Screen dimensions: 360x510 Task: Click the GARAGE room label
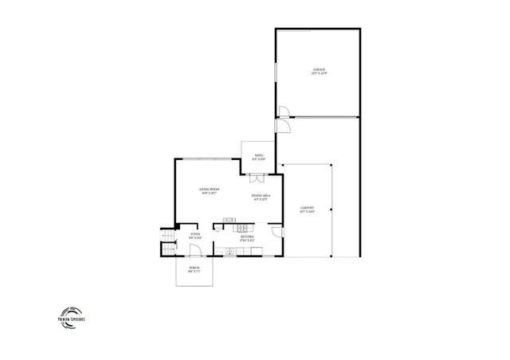[x=320, y=70]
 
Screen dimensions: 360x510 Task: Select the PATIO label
[x=259, y=155]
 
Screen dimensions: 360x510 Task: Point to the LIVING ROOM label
[x=210, y=188]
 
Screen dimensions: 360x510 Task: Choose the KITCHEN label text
[x=248, y=236]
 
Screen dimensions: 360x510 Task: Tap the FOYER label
[x=195, y=234]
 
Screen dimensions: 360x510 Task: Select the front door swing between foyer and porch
[x=194, y=250]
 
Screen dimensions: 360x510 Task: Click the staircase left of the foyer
[x=168, y=243]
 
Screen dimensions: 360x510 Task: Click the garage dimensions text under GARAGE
[x=320, y=74]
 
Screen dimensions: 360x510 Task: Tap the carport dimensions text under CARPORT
[x=307, y=213]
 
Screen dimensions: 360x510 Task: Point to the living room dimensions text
[x=210, y=192]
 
